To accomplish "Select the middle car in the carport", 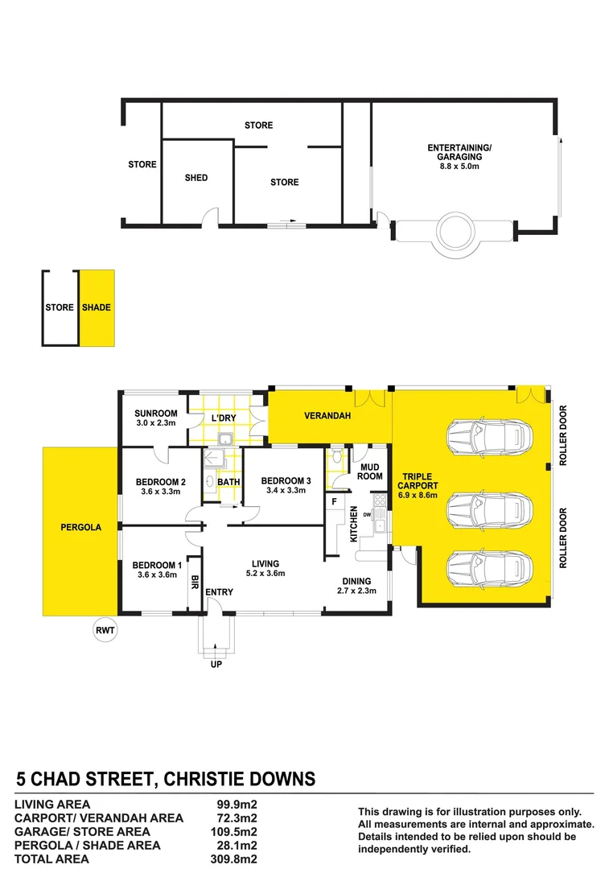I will coord(488,509).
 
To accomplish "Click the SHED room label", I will coord(196,178).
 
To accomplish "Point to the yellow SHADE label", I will coord(97,307).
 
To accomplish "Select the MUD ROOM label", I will coord(371,472).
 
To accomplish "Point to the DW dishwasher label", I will coord(367,515).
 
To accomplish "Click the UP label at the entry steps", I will coord(216,665).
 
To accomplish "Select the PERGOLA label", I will coord(81,528).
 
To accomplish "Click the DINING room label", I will coord(356,581).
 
